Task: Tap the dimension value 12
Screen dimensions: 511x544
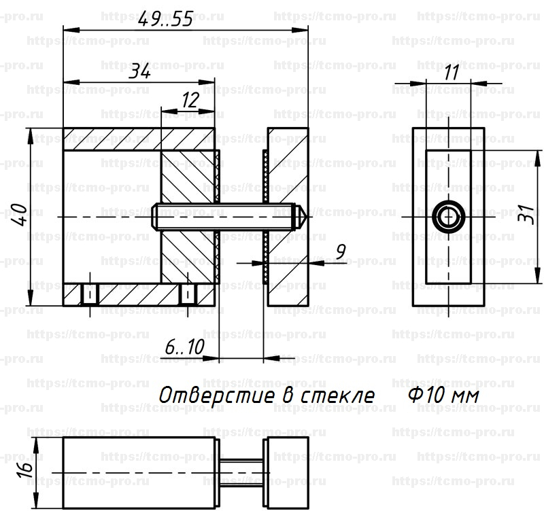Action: pyautogui.click(x=190, y=101)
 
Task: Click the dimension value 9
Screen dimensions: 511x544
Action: pyautogui.click(x=341, y=251)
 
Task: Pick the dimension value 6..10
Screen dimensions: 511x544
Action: pyautogui.click(x=184, y=348)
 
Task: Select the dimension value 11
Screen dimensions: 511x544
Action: pyautogui.click(x=449, y=73)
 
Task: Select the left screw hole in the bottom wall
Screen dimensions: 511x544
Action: pyautogui.click(x=88, y=294)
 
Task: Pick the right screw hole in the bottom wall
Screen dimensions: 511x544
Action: pyautogui.click(x=188, y=294)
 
